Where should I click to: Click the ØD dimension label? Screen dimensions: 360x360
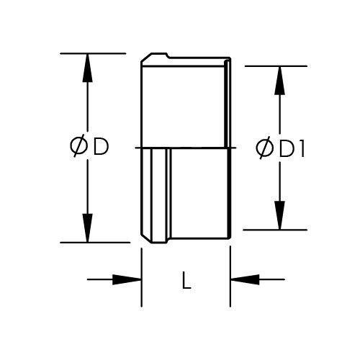pos(89,146)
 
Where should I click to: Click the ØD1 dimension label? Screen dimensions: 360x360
pos(280,148)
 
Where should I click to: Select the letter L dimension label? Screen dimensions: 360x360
pos(186,280)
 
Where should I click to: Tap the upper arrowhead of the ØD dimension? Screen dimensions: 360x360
pos(87,68)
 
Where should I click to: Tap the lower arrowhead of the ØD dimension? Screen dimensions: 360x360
pos(87,228)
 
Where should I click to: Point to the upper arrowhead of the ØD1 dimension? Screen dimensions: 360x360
pos(279,81)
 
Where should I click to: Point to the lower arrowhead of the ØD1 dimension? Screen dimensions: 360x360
pos(279,215)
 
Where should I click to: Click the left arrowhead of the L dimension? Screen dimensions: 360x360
pos(127,279)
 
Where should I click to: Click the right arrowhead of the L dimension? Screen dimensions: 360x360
pos(245,279)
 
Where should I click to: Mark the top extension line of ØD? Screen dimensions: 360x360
pos(93,53)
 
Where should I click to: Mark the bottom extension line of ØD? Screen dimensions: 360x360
pos(95,243)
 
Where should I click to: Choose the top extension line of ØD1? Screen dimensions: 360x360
pos(276,66)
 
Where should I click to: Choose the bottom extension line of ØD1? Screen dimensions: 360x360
pos(275,230)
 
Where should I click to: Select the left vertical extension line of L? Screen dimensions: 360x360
pos(142,277)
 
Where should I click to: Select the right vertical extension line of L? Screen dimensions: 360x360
pos(230,276)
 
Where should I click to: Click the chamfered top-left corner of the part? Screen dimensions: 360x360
pos(146,58)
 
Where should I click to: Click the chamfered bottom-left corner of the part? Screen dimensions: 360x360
pos(146,238)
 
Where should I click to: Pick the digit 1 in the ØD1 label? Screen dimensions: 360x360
pos(302,149)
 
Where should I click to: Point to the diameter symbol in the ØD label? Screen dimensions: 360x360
pos(78,146)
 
